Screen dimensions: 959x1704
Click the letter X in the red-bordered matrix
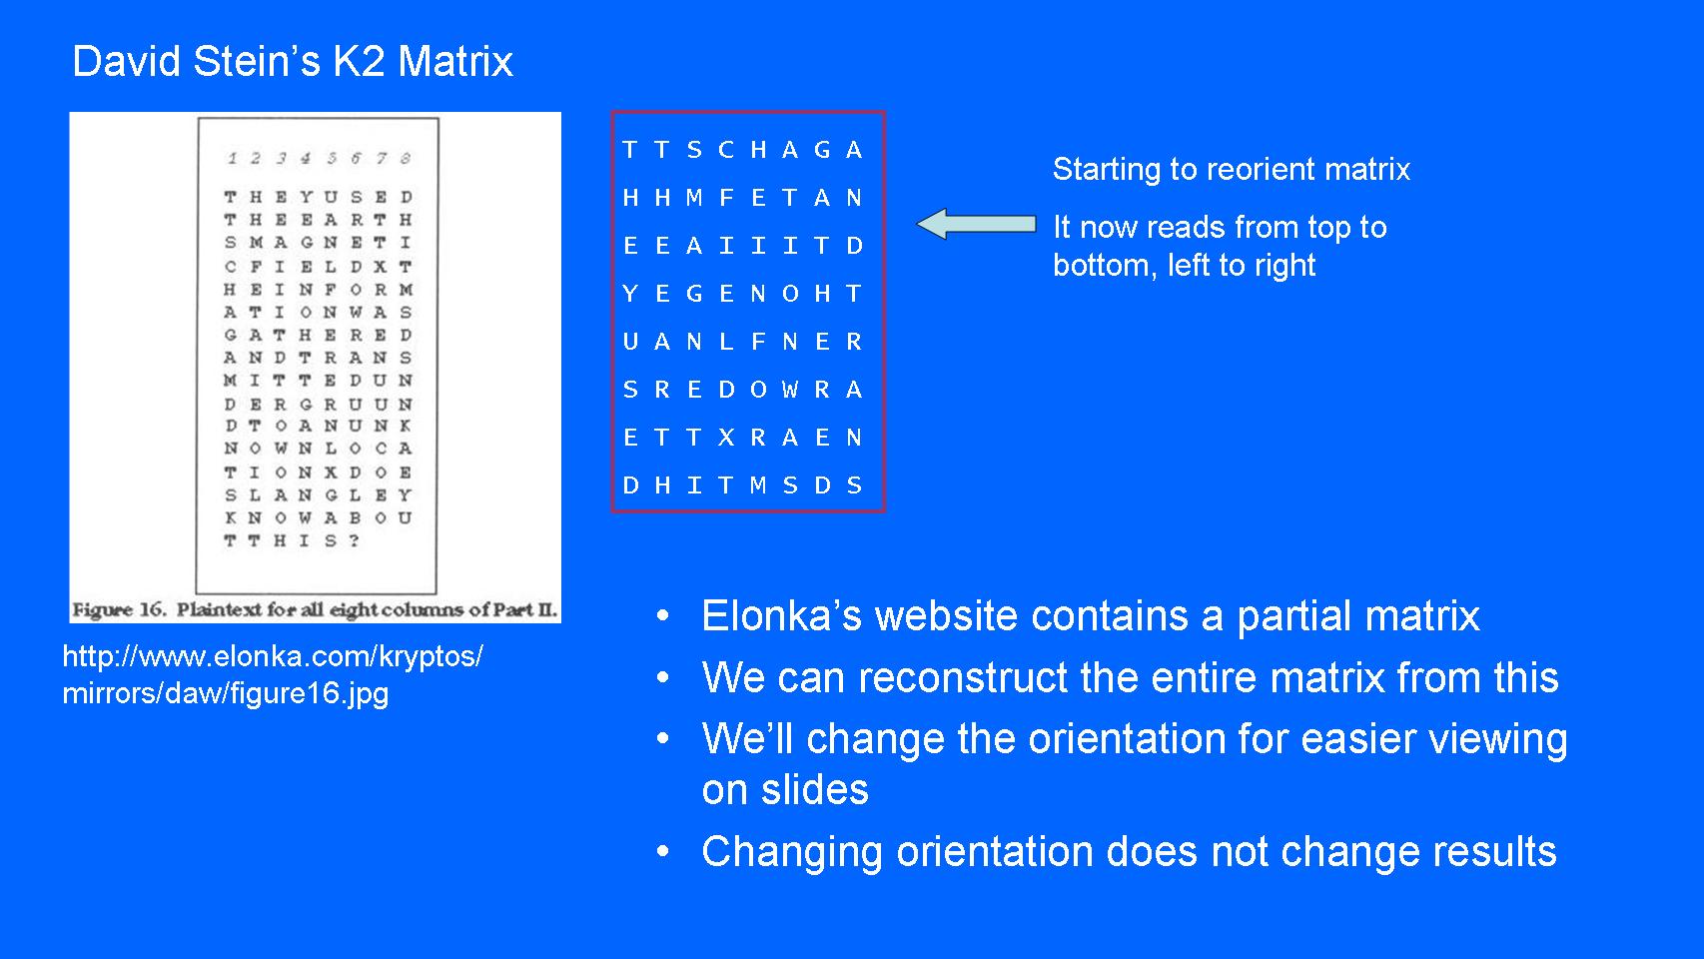[726, 438]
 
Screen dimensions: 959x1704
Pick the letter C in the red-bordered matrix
[726, 150]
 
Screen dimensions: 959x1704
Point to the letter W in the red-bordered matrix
[790, 390]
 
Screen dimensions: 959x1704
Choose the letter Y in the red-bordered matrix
[630, 294]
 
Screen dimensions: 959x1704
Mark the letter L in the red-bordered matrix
[726, 342]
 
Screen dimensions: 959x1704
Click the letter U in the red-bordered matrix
[630, 342]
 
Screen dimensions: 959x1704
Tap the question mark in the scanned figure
[355, 540]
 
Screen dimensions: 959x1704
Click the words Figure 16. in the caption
[118, 609]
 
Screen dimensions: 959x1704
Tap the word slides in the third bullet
[813, 790]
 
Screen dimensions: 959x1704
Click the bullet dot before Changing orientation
[663, 852]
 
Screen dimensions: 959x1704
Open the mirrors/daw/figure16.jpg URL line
[225, 693]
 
